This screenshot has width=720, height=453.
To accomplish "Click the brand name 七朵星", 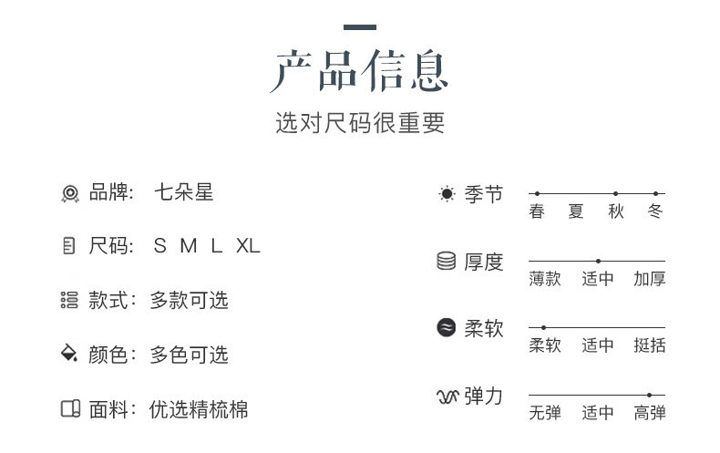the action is click(x=184, y=192).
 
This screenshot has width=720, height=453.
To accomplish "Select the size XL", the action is click(x=248, y=246).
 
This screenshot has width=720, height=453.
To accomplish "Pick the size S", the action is click(x=160, y=246).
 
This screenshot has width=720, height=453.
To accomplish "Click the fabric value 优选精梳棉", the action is click(x=199, y=409).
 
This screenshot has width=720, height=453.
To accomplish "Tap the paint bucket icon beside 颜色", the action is click(x=69, y=355).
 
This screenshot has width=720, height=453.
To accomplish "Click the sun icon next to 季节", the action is click(x=447, y=193).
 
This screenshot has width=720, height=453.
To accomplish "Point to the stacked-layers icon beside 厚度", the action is click(x=447, y=262).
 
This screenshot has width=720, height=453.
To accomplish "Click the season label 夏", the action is click(x=576, y=211).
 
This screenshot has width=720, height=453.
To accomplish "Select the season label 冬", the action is click(x=655, y=211).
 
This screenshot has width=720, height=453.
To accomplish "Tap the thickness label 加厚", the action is click(x=650, y=279).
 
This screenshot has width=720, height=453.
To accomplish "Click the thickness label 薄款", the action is click(x=545, y=279).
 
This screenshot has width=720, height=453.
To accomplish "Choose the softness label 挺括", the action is click(x=650, y=345).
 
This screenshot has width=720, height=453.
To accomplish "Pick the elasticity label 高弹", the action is click(x=650, y=413).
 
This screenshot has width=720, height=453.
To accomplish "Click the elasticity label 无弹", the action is click(x=545, y=413).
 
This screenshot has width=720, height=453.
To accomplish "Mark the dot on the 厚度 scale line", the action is click(x=598, y=261).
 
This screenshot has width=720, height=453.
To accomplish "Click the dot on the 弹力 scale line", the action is click(x=650, y=395).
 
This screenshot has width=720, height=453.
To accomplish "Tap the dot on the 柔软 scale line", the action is click(x=544, y=327).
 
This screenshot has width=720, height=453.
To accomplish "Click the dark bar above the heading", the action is click(x=360, y=27).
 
